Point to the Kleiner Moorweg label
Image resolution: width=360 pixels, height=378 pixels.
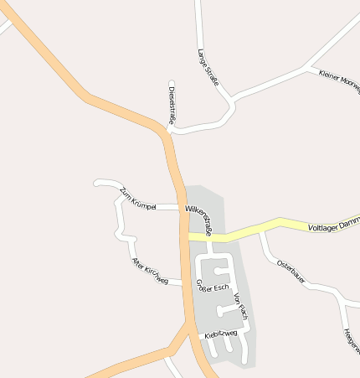coord(338,80)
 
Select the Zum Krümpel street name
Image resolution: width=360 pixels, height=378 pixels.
coord(138,199)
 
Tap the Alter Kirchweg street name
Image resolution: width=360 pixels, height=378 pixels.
coord(150,272)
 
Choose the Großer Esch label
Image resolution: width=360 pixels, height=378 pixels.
coord(212,286)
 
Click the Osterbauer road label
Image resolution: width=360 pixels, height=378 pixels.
coord(291,269)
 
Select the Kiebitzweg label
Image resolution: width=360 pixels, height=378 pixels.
coord(221,334)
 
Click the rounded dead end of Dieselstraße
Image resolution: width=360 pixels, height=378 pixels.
coord(172,83)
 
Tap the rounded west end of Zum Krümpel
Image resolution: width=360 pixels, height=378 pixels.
coord(97,182)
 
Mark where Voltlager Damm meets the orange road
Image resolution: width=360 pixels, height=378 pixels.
coord(186,237)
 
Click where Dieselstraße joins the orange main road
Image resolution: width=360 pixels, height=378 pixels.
coord(167,131)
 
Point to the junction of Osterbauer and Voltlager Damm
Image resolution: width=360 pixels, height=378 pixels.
coord(261,231)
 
